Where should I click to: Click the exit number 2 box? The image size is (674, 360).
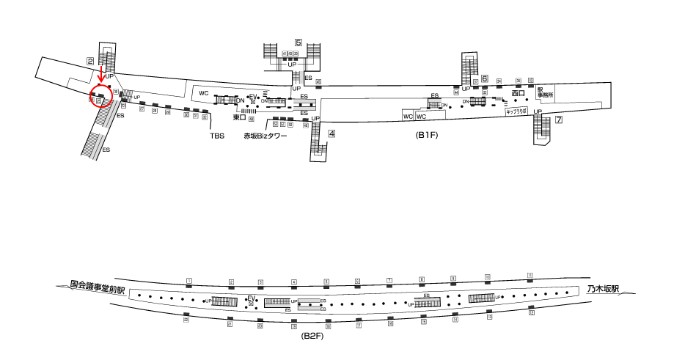coord(89,61)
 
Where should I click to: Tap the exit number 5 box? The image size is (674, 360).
coord(298,43)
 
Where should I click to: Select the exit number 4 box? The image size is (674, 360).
coord(331,133)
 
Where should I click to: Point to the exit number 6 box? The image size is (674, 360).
coord(485,78)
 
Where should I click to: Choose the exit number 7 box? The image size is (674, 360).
coord(558,120)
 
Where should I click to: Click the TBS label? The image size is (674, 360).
coord(217,136)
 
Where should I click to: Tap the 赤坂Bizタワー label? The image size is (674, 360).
coord(265,136)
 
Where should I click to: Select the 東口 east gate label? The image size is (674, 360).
coord(238,117)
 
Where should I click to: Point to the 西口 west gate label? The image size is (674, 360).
coord(519,93)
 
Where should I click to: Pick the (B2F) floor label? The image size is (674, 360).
coord(313,335)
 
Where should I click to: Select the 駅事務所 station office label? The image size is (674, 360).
coord(543,92)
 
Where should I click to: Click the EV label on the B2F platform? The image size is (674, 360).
coord(251,298)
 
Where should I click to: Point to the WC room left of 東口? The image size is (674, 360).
coord(204,94)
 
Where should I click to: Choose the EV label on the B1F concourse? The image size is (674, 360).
coord(253,97)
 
